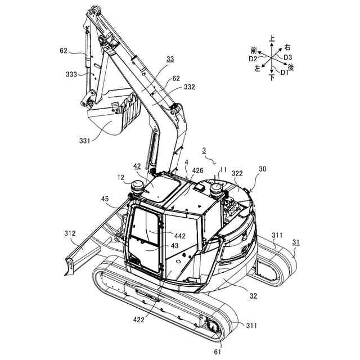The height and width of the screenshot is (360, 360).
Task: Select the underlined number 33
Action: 170,58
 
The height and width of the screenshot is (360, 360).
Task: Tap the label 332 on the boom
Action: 190,88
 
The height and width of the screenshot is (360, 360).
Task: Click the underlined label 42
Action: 137,166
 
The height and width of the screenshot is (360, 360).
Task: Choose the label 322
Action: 237,174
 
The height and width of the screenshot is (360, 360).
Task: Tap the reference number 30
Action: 263,169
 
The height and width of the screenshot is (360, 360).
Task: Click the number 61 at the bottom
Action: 217,352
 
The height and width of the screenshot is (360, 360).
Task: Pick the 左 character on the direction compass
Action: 258,68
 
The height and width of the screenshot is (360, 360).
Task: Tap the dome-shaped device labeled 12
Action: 138,186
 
